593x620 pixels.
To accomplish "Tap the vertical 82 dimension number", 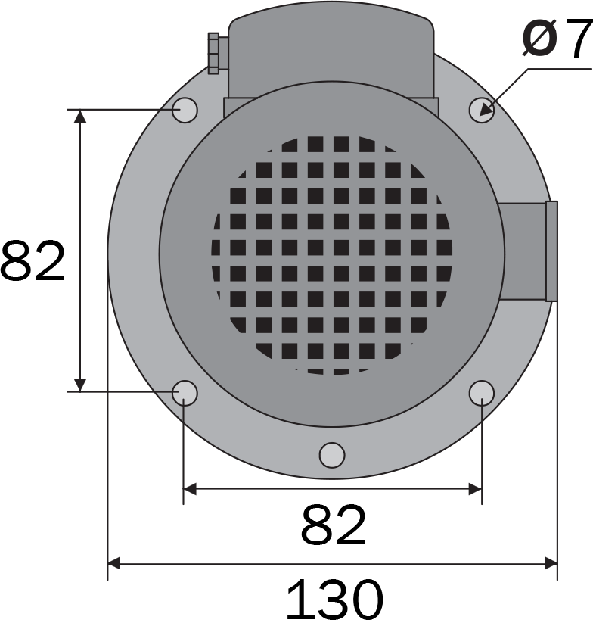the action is point(33,260).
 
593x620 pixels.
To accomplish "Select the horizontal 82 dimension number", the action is point(334,525).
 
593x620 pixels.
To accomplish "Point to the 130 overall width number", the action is point(334,599).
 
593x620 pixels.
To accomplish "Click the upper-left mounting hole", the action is point(185,110).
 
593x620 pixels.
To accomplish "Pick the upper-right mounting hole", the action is point(482,110).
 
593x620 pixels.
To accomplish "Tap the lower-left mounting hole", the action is point(185,393).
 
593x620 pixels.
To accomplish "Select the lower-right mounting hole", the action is point(482,393).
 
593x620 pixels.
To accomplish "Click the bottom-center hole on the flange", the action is point(332,455).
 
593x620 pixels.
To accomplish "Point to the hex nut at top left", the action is point(213,54).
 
